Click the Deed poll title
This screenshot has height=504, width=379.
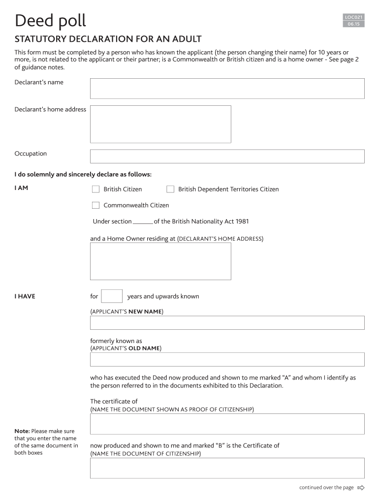pyautogui.click(x=50, y=21)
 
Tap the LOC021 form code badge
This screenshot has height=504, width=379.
pyautogui.click(x=353, y=17)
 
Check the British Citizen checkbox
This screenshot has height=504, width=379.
pyautogui.click(x=96, y=189)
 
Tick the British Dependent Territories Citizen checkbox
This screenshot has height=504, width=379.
pyautogui.click(x=170, y=189)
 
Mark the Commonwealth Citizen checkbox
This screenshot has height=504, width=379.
pyautogui.click(x=96, y=205)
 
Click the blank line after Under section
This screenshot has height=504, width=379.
pyautogui.click(x=143, y=222)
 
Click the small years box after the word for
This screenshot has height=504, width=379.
pyautogui.click(x=112, y=296)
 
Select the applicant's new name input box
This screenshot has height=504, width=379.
pyautogui.click(x=227, y=323)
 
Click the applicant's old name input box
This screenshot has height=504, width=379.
pyautogui.click(x=227, y=359)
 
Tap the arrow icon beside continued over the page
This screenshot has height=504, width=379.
pyautogui.click(x=361, y=488)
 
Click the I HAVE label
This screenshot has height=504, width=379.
pyautogui.click(x=25, y=296)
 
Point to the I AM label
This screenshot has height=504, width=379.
pyautogui.click(x=21, y=188)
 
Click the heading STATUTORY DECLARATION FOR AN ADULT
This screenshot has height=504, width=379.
pyautogui.click(x=108, y=39)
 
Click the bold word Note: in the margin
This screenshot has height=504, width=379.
pyautogui.click(x=22, y=431)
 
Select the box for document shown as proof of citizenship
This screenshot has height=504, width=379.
pyautogui.click(x=227, y=424)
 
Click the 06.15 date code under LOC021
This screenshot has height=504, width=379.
pyautogui.click(x=353, y=24)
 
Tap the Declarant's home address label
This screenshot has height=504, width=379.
pyautogui.click(x=50, y=109)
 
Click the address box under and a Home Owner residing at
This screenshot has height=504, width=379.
pyautogui.click(x=160, y=261)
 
